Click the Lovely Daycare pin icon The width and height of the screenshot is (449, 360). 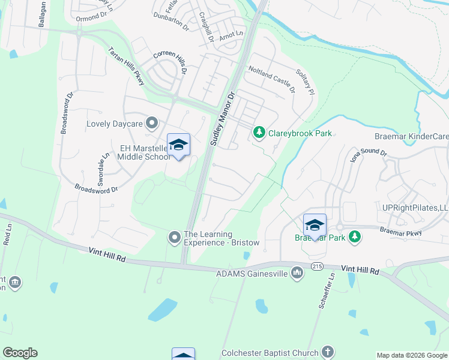click(x=152, y=124)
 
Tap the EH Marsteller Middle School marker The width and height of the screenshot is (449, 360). click(x=178, y=145)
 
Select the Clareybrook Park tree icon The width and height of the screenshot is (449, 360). click(x=259, y=131)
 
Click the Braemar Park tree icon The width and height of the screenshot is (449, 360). click(x=355, y=237)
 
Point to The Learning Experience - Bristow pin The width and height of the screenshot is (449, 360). click(x=175, y=238)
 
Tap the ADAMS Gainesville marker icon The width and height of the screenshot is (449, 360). click(x=297, y=274)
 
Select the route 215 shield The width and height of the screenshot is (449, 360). click(x=318, y=265)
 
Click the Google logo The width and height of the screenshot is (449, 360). click(x=20, y=353)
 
